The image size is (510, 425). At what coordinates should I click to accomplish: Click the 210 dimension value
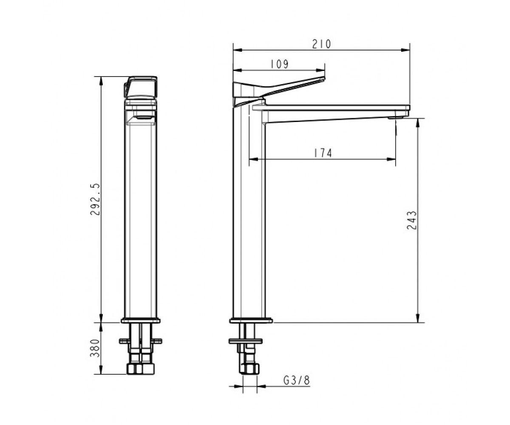click(321, 44)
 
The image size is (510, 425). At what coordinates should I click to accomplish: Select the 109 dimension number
click(279, 64)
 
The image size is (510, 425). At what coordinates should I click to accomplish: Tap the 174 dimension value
click(323, 153)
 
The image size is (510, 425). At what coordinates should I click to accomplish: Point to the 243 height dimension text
click(411, 220)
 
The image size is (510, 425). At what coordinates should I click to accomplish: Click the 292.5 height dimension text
click(95, 199)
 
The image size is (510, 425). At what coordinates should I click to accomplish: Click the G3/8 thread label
click(297, 380)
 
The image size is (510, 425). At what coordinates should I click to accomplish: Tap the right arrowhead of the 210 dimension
click(405, 50)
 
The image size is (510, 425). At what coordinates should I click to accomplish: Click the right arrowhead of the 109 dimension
click(321, 71)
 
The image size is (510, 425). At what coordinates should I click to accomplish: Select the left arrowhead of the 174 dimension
click(253, 159)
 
